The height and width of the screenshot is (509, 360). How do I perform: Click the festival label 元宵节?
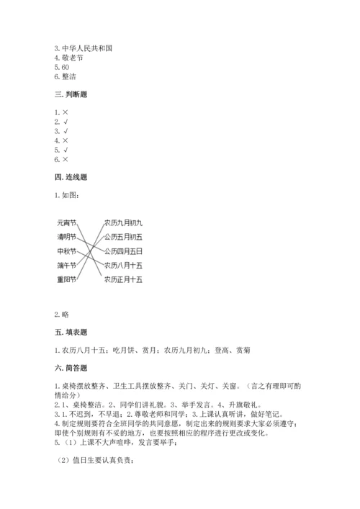(66, 224)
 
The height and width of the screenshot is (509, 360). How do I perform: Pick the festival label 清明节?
(66, 237)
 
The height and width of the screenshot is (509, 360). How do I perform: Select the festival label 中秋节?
(66, 251)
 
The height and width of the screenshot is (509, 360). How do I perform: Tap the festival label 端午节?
(66, 265)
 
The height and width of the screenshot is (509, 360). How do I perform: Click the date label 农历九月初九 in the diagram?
(123, 223)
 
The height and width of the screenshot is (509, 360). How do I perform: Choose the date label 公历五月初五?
(123, 237)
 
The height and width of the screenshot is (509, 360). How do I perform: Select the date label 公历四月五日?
(123, 251)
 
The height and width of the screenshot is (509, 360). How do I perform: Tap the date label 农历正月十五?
(123, 279)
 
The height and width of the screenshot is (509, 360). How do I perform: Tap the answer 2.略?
(61, 315)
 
